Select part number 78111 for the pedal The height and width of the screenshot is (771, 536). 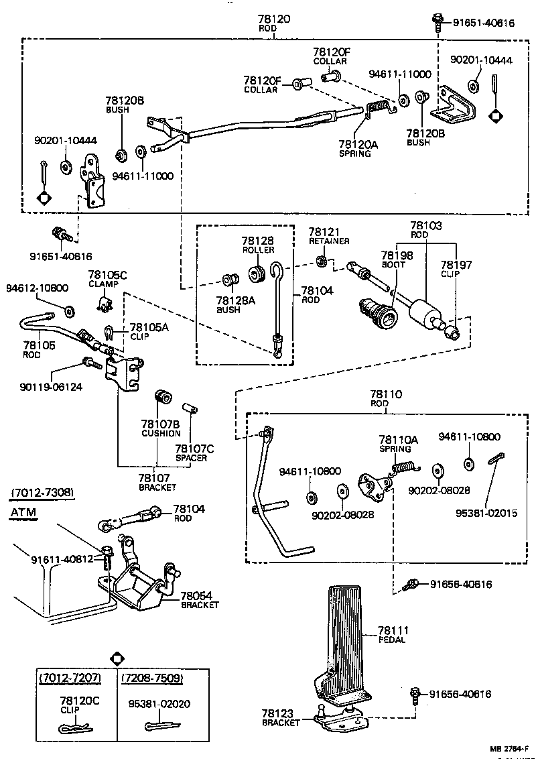pos(393,630)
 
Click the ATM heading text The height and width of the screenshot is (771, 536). pos(23,514)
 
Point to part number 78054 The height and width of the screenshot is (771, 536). pos(198,595)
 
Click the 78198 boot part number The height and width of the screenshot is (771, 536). pos(397,255)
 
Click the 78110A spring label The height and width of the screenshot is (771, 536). pos(398,440)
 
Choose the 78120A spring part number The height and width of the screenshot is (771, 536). pos(358,144)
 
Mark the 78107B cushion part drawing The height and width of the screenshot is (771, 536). pos(162,398)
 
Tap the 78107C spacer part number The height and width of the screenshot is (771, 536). pos(194,449)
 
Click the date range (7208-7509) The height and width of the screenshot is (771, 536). pos(152,678)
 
